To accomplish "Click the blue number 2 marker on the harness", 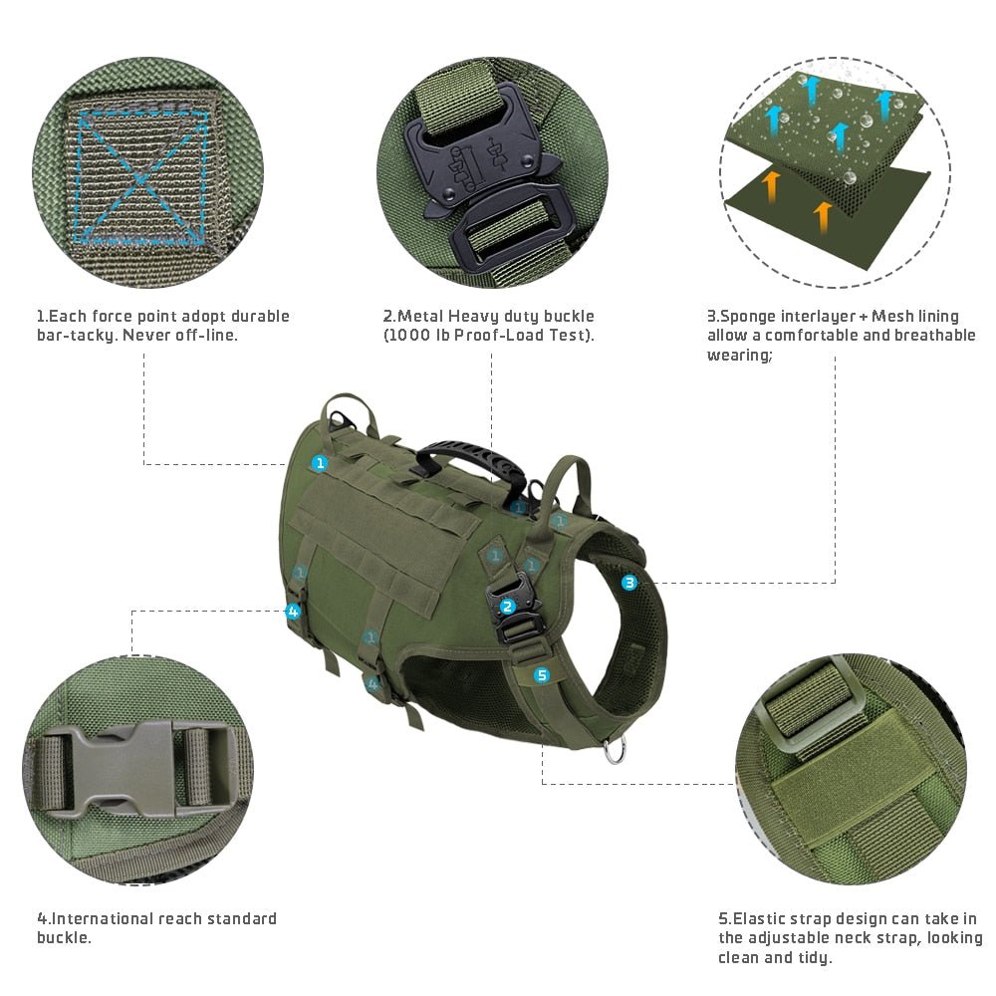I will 507,606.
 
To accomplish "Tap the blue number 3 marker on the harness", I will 629,583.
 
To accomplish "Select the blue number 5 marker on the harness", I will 542,675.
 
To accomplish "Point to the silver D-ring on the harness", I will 616,750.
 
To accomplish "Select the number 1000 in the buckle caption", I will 411,335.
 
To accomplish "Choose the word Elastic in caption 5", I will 761,918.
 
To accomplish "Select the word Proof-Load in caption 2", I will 500,335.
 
